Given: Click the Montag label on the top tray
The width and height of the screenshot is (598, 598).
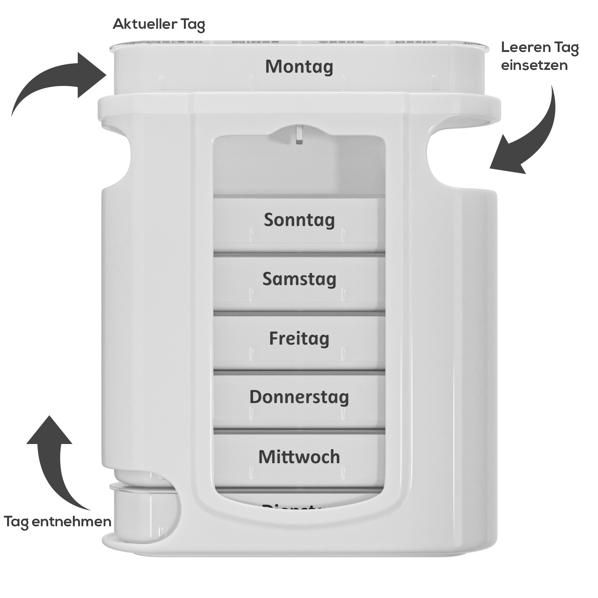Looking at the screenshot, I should click(x=299, y=67).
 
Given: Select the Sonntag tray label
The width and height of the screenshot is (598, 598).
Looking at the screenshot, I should click(x=299, y=220).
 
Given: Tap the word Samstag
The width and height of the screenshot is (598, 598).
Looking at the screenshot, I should click(x=299, y=279).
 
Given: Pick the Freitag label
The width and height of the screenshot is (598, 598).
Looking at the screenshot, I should click(x=299, y=339).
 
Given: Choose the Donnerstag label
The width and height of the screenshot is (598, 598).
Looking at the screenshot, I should click(x=299, y=397).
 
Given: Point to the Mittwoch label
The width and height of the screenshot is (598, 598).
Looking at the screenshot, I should click(x=299, y=457).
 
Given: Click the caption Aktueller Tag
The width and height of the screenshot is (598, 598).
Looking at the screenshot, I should click(x=159, y=24).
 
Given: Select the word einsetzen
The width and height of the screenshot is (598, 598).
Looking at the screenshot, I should click(x=534, y=65).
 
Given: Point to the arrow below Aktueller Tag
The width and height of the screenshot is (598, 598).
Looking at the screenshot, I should click(x=60, y=82).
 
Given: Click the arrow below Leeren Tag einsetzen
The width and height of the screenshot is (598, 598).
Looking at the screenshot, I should click(x=527, y=138).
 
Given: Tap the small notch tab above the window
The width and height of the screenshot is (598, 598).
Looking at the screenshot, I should click(x=299, y=135).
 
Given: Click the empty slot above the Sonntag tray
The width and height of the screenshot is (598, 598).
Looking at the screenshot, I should click(x=299, y=168).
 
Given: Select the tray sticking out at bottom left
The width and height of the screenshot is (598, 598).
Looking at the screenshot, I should click(x=142, y=512).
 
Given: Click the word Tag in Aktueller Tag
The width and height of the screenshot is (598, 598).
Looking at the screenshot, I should click(x=193, y=24).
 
